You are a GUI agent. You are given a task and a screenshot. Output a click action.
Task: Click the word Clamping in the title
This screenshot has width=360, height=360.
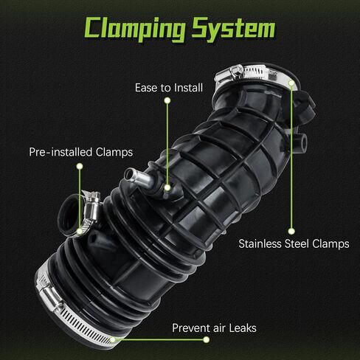(135, 29)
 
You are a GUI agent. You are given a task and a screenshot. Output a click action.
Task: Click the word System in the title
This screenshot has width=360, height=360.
(234, 29)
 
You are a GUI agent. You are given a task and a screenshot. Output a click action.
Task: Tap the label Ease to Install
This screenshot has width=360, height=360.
(169, 88)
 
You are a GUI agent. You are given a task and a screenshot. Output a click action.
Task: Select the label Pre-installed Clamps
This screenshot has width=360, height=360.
(81, 152)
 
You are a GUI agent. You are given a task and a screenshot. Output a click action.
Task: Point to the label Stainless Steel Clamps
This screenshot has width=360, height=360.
(294, 243)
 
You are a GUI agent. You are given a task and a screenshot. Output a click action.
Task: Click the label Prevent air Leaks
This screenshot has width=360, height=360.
(214, 328)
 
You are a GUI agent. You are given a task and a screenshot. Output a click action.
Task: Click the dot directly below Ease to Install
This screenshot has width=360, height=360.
(167, 100)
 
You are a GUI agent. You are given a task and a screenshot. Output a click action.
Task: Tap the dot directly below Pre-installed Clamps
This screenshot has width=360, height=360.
(80, 167)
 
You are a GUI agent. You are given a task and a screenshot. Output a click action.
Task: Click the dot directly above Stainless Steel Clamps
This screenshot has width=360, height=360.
(291, 231)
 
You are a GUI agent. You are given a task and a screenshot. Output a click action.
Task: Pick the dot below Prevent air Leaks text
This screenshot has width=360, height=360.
(207, 339)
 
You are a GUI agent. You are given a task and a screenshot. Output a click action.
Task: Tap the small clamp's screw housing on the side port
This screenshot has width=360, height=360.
(91, 205)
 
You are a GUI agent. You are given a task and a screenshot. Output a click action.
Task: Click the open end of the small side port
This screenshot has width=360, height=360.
(68, 215)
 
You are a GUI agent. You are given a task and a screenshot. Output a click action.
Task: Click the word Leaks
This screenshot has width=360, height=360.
(243, 328)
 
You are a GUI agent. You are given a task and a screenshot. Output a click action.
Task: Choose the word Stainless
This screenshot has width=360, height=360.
(260, 243)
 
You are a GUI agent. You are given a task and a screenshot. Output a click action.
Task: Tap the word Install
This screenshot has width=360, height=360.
(188, 88)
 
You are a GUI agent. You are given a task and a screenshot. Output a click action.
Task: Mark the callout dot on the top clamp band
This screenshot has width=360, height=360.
(291, 83)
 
